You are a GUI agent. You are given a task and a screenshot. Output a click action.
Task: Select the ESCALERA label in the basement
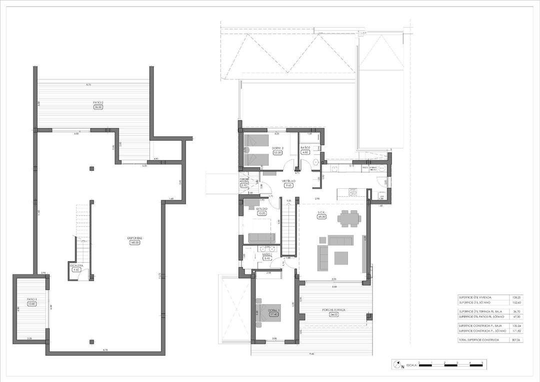point(76,265)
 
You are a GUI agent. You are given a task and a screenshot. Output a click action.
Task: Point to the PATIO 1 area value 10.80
point(31,304)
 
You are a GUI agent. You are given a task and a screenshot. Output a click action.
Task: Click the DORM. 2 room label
point(278,148)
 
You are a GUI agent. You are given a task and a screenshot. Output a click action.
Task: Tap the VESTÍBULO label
point(288,181)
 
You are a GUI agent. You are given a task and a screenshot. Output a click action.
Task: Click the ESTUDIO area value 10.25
point(262,213)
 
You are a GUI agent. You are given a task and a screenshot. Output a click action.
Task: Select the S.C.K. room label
point(321,213)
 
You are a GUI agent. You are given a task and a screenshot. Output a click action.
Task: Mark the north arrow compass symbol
point(397,365)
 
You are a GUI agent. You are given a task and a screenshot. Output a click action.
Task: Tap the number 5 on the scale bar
point(482,362)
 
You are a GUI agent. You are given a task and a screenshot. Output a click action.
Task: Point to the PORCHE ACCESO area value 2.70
point(244,185)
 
